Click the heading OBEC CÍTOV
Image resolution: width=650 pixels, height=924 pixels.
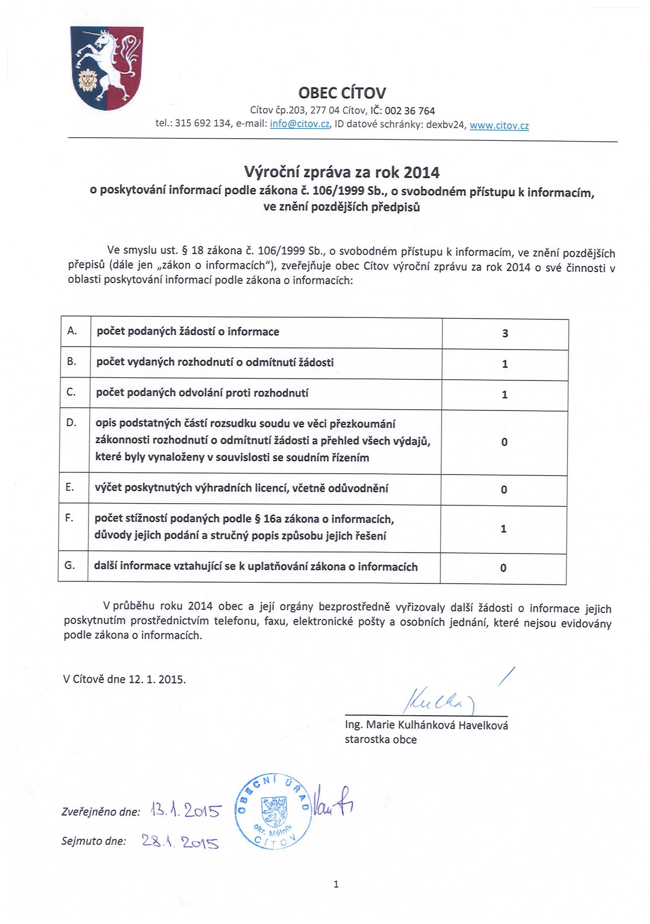point(342,93)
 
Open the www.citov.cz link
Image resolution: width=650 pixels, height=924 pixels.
point(499,126)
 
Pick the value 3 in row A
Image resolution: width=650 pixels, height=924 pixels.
point(505,333)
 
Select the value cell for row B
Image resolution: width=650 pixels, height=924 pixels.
point(505,364)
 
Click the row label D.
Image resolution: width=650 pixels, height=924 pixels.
point(71,423)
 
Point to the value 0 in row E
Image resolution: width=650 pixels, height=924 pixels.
point(503,490)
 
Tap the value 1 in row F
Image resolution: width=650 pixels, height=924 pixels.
point(503,528)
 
